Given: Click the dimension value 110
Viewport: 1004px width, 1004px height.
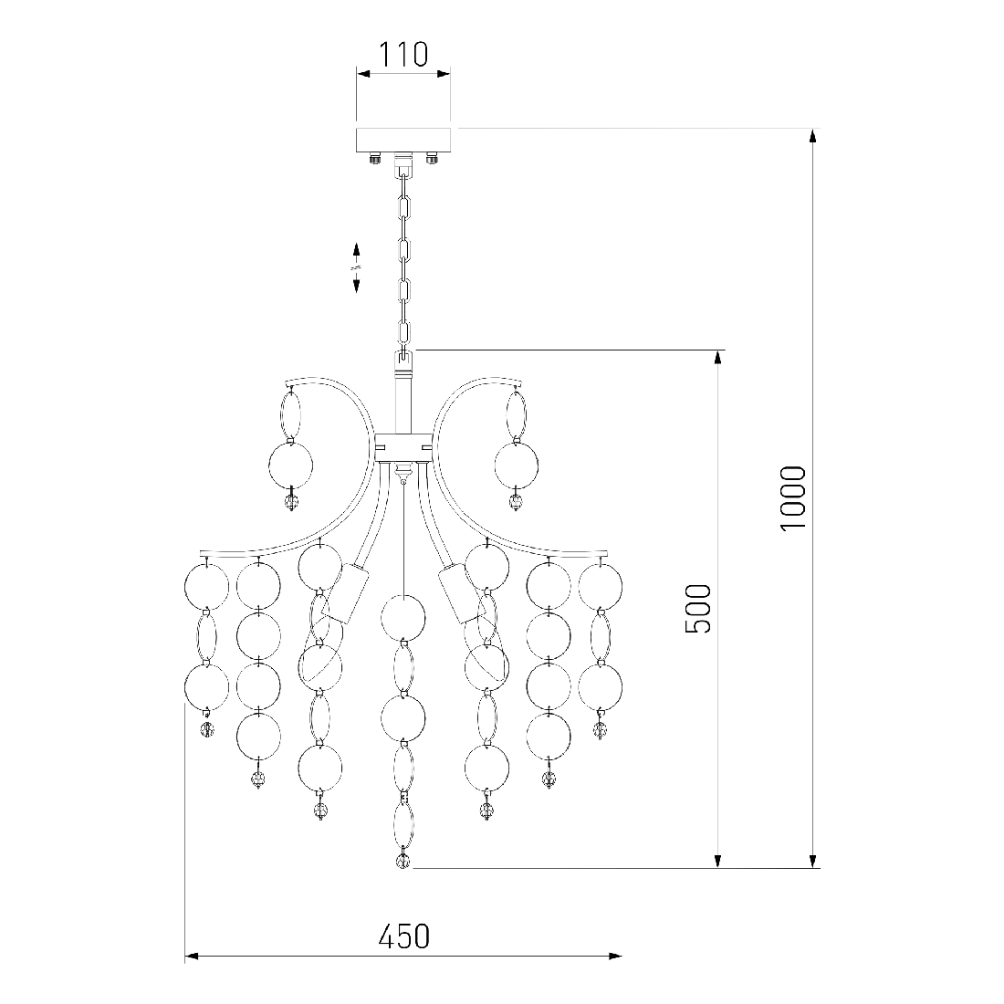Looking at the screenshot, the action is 403,55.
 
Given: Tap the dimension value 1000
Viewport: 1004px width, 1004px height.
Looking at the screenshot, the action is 792,497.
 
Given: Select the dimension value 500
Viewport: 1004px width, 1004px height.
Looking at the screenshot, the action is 698,608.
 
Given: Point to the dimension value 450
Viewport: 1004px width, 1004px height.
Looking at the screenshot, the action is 403,936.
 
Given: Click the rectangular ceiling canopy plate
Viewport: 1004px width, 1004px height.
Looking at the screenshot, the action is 405,140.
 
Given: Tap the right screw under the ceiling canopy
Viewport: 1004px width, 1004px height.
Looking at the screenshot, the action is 433,157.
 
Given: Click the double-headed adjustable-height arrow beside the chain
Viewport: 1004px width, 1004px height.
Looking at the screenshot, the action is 357,267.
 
